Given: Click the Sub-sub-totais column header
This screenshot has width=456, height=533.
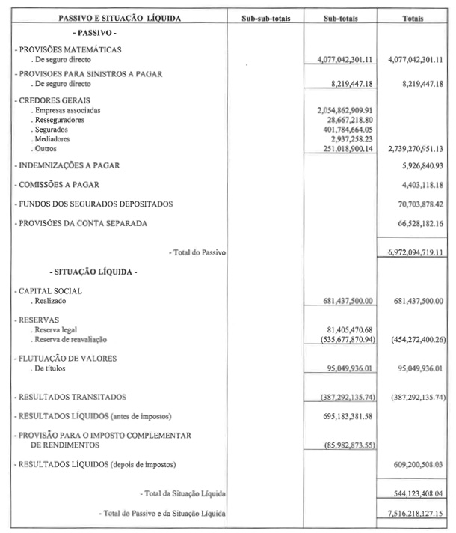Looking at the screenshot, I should pyautogui.click(x=267, y=17).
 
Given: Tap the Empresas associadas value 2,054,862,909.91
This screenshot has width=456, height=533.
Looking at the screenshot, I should pyautogui.click(x=345, y=109).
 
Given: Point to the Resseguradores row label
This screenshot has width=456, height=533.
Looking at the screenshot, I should pyautogui.click(x=59, y=119).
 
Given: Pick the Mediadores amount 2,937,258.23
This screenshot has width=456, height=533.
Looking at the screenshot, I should pyautogui.click(x=351, y=138).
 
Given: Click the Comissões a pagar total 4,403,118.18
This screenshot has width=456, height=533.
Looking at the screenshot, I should pyautogui.click(x=417, y=184).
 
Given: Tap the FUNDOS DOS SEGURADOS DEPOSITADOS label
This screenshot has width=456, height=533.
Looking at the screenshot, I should pyautogui.click(x=96, y=204).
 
